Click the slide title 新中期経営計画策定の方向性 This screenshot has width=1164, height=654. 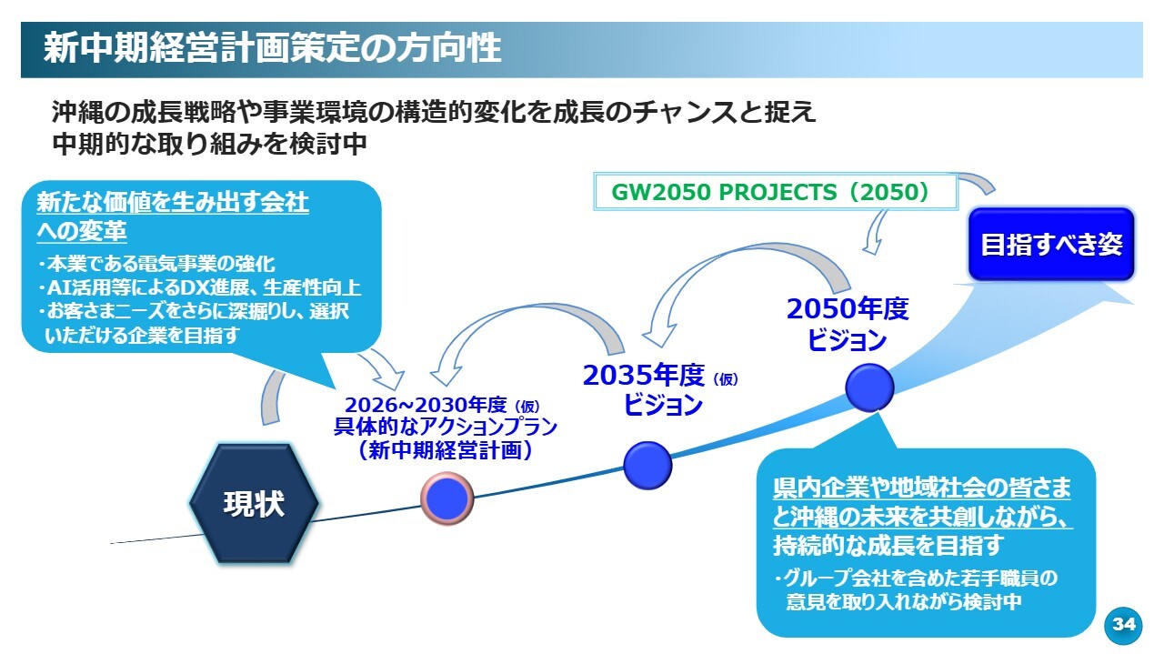[272, 48]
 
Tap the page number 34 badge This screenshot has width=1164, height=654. [1124, 625]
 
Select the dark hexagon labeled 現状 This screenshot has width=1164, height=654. [254, 504]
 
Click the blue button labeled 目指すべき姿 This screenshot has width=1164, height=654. [1051, 245]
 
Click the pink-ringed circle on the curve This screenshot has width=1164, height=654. [447, 497]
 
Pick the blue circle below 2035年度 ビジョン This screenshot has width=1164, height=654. [647, 465]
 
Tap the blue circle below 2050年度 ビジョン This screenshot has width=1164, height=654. [869, 387]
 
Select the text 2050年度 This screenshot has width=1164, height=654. [848, 309]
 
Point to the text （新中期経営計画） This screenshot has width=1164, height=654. [445, 450]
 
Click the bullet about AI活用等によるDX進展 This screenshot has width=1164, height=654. [199, 288]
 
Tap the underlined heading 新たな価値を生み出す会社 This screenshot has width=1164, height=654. [173, 203]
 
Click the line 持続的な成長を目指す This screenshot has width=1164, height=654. [888, 546]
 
